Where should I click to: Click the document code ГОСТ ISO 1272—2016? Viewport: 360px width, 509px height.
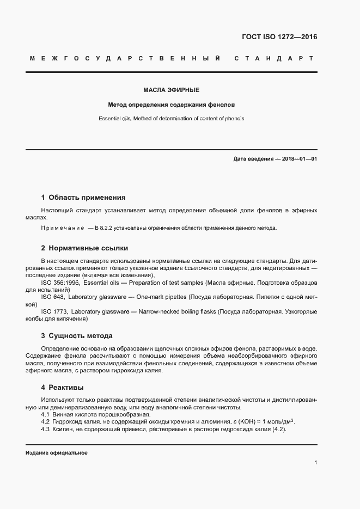pyautogui.click(x=279, y=38)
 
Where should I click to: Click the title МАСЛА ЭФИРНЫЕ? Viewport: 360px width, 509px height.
pyautogui.click(x=171, y=90)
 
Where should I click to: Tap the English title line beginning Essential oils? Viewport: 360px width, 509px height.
pyautogui.click(x=171, y=118)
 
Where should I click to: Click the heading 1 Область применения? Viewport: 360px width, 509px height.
pyautogui.click(x=83, y=198)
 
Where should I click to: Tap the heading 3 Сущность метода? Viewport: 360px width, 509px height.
pyautogui.click(x=77, y=336)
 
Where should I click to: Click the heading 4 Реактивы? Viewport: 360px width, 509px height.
pyautogui.click(x=62, y=388)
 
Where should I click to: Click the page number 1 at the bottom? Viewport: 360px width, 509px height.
pyautogui.click(x=316, y=463)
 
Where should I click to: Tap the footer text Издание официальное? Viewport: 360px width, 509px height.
pyautogui.click(x=57, y=453)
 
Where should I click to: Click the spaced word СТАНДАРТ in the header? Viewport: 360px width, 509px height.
pyautogui.click(x=274, y=58)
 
